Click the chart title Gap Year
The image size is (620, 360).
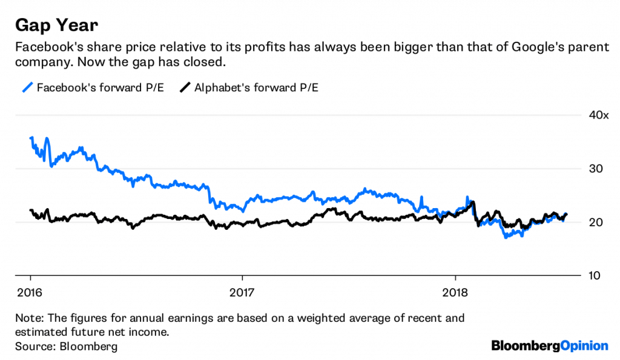pos(56,25)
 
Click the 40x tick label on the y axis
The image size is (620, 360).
pos(598,116)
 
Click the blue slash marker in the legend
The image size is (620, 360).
pos(26,88)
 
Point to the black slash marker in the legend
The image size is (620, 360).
pos(185,88)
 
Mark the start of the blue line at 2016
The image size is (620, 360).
pos(31,138)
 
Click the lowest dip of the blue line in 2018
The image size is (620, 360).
pos(505,237)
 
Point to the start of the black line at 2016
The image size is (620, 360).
pos(31,211)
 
